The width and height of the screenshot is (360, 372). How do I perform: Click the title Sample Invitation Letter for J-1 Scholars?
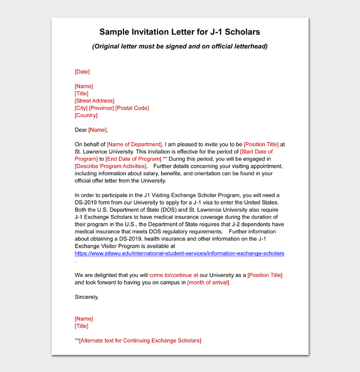179,32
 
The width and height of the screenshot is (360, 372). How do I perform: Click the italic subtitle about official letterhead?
179,47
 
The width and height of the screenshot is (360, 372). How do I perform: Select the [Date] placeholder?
82,72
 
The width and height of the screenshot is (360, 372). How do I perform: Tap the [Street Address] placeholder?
95,101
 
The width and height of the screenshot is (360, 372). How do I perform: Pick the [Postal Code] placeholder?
132,108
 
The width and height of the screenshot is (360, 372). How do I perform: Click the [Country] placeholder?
86,115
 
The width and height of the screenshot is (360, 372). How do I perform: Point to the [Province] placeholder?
102,108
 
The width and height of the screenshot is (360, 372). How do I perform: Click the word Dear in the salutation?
81,130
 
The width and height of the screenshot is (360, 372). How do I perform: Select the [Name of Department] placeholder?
134,144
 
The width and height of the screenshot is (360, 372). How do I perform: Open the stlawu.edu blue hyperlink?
179,253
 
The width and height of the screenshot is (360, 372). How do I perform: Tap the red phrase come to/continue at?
173,275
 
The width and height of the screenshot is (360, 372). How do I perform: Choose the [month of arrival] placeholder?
208,283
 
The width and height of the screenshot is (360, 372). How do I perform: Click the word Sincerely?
86,297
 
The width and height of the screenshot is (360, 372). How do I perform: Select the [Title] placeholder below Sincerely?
81,326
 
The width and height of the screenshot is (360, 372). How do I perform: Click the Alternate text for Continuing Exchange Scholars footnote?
138,341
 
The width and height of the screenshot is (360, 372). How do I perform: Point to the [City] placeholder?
81,108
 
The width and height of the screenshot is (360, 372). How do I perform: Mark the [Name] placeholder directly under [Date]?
84,86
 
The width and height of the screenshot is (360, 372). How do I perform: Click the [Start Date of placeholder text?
256,152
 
